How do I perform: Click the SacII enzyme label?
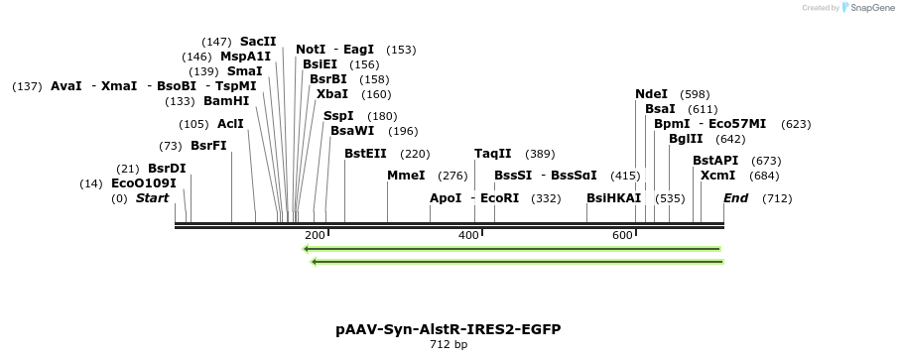tap(258, 42)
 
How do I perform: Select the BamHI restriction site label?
tap(226, 101)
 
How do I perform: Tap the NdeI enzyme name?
tap(652, 94)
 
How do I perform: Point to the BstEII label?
tap(365, 154)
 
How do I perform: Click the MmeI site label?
tap(406, 176)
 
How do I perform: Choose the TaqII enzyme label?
tap(493, 154)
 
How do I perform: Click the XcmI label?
tap(717, 176)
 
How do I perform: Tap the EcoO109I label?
tap(144, 183)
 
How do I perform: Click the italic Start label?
tap(152, 198)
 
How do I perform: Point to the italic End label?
tap(735, 198)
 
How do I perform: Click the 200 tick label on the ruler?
tap(315, 235)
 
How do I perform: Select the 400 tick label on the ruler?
tap(468, 235)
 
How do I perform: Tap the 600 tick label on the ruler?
tap(622, 235)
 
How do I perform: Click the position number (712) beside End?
tap(777, 198)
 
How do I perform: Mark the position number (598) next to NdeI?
tap(695, 94)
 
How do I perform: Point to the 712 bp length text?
tap(449, 345)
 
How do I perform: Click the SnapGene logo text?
tap(869, 8)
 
